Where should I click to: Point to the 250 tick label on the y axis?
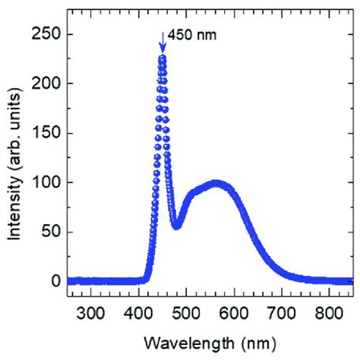pyautogui.click(x=45, y=34)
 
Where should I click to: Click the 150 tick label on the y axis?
pyautogui.click(x=45, y=133)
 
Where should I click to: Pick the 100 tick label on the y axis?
pyautogui.click(x=45, y=182)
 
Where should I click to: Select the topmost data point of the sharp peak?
pyautogui.click(x=162, y=57)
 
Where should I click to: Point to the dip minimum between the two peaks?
pyautogui.click(x=176, y=226)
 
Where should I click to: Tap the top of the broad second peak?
pyautogui.click(x=216, y=184)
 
